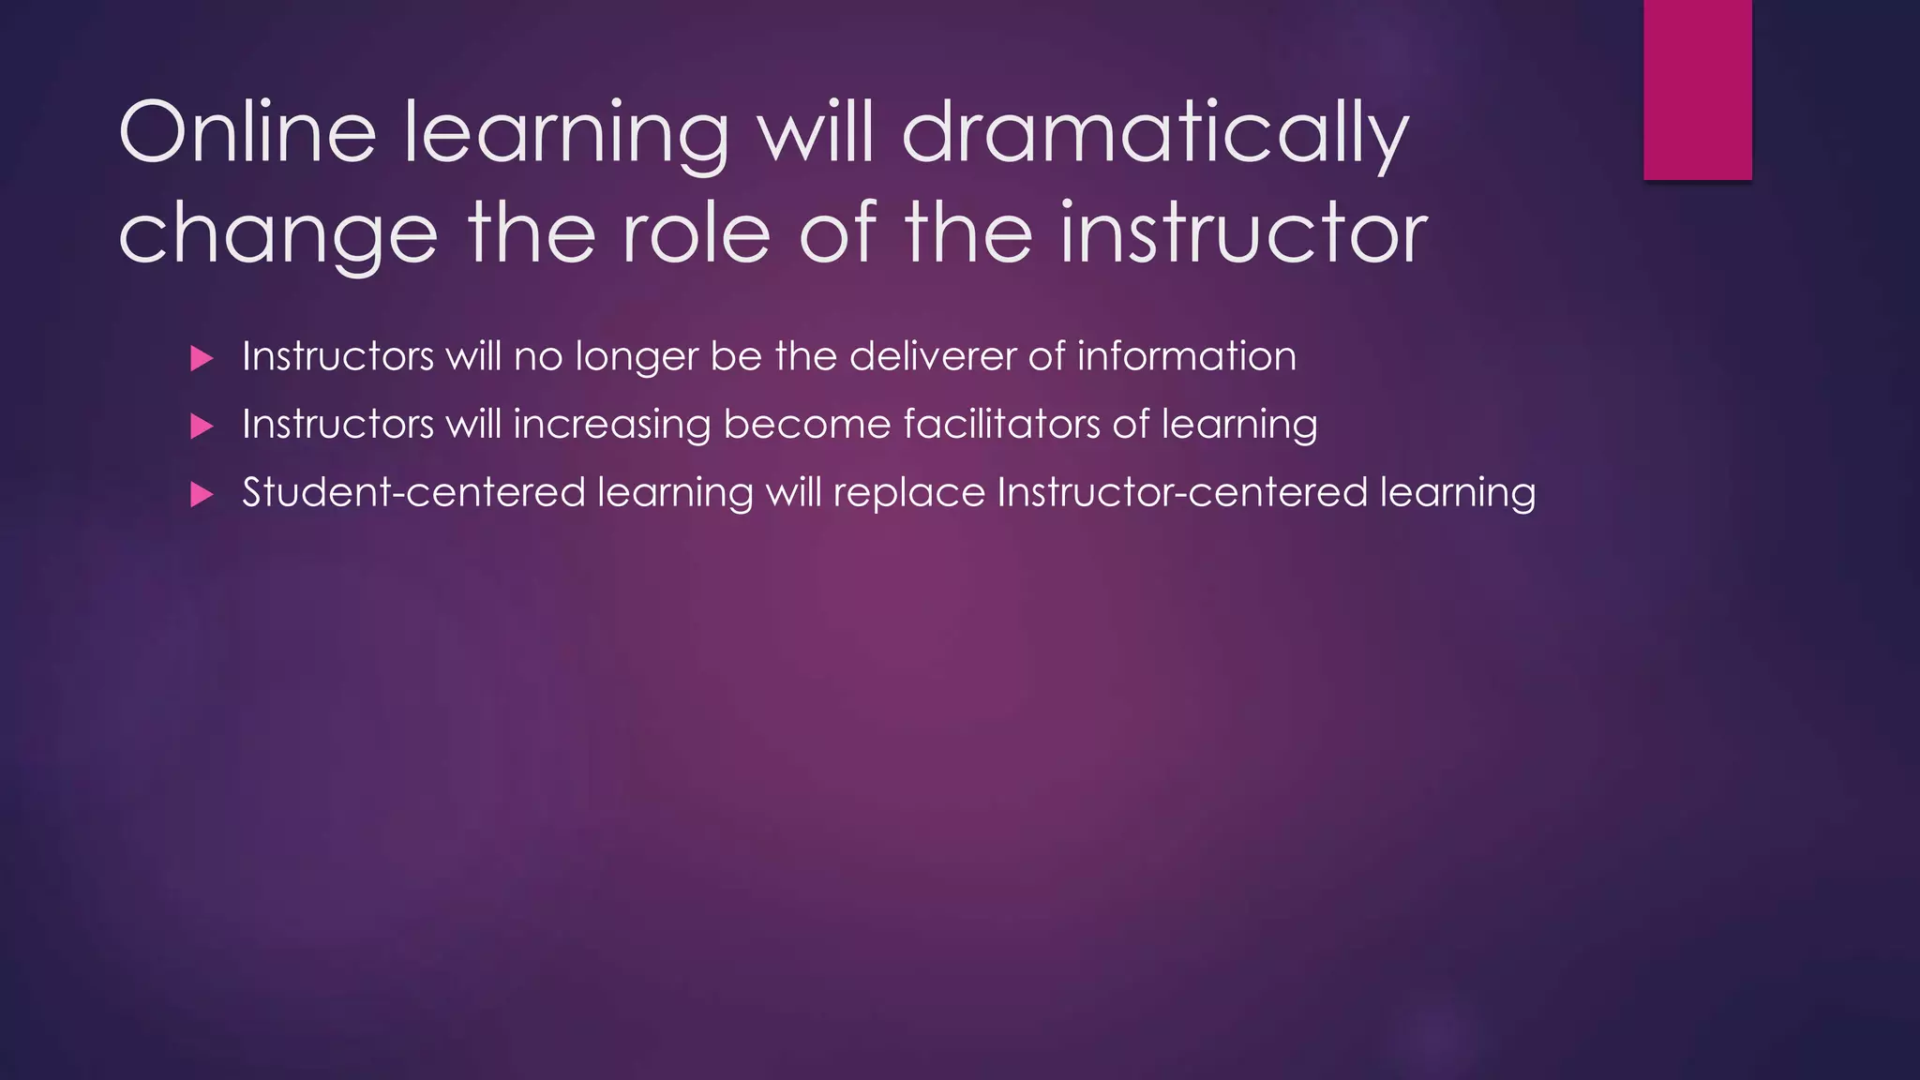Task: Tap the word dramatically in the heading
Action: tap(1155, 132)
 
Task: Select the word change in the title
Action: tap(278, 233)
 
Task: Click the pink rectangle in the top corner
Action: tap(1697, 89)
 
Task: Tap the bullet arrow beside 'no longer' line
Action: tap(202, 358)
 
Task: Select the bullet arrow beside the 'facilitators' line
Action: tap(202, 427)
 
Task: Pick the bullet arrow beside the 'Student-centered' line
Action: tap(202, 494)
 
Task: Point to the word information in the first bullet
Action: tap(1186, 356)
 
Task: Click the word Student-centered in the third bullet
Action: tap(413, 492)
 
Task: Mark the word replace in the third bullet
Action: tap(908, 494)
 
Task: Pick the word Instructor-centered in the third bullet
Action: tap(1181, 492)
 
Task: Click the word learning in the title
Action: tap(566, 132)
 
